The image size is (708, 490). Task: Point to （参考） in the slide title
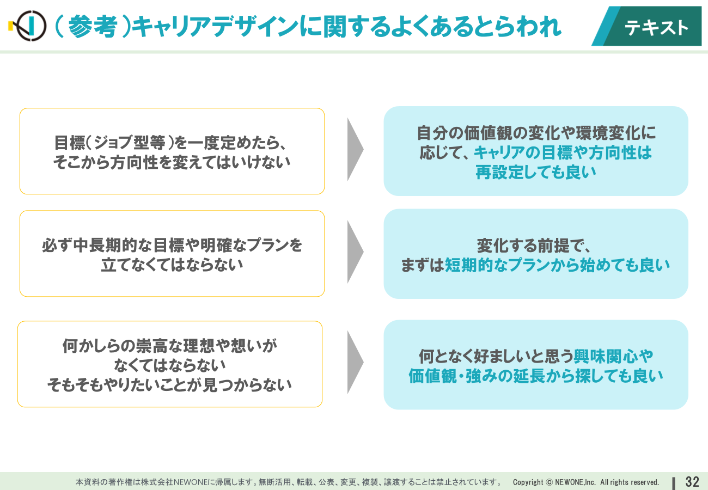pos(93,27)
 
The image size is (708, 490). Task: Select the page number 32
pos(692,482)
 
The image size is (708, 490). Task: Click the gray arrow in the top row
pos(355,149)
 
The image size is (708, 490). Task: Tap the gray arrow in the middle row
pos(355,252)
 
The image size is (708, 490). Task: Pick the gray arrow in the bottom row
pos(355,363)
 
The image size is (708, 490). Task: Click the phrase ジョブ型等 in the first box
pos(130,143)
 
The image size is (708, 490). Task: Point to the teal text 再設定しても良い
pos(536,172)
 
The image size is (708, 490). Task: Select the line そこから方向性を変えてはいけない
pos(172,162)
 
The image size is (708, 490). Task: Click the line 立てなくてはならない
pos(172,265)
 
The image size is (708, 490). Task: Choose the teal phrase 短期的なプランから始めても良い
pos(557,265)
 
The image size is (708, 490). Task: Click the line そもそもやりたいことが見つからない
pos(169,385)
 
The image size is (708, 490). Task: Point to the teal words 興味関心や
pos(613,357)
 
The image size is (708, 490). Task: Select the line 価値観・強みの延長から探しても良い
pos(536,376)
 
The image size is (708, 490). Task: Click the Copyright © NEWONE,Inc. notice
pos(585,482)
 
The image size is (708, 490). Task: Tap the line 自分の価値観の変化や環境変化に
pos(536,133)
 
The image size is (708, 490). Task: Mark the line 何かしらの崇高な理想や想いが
pos(170,346)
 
